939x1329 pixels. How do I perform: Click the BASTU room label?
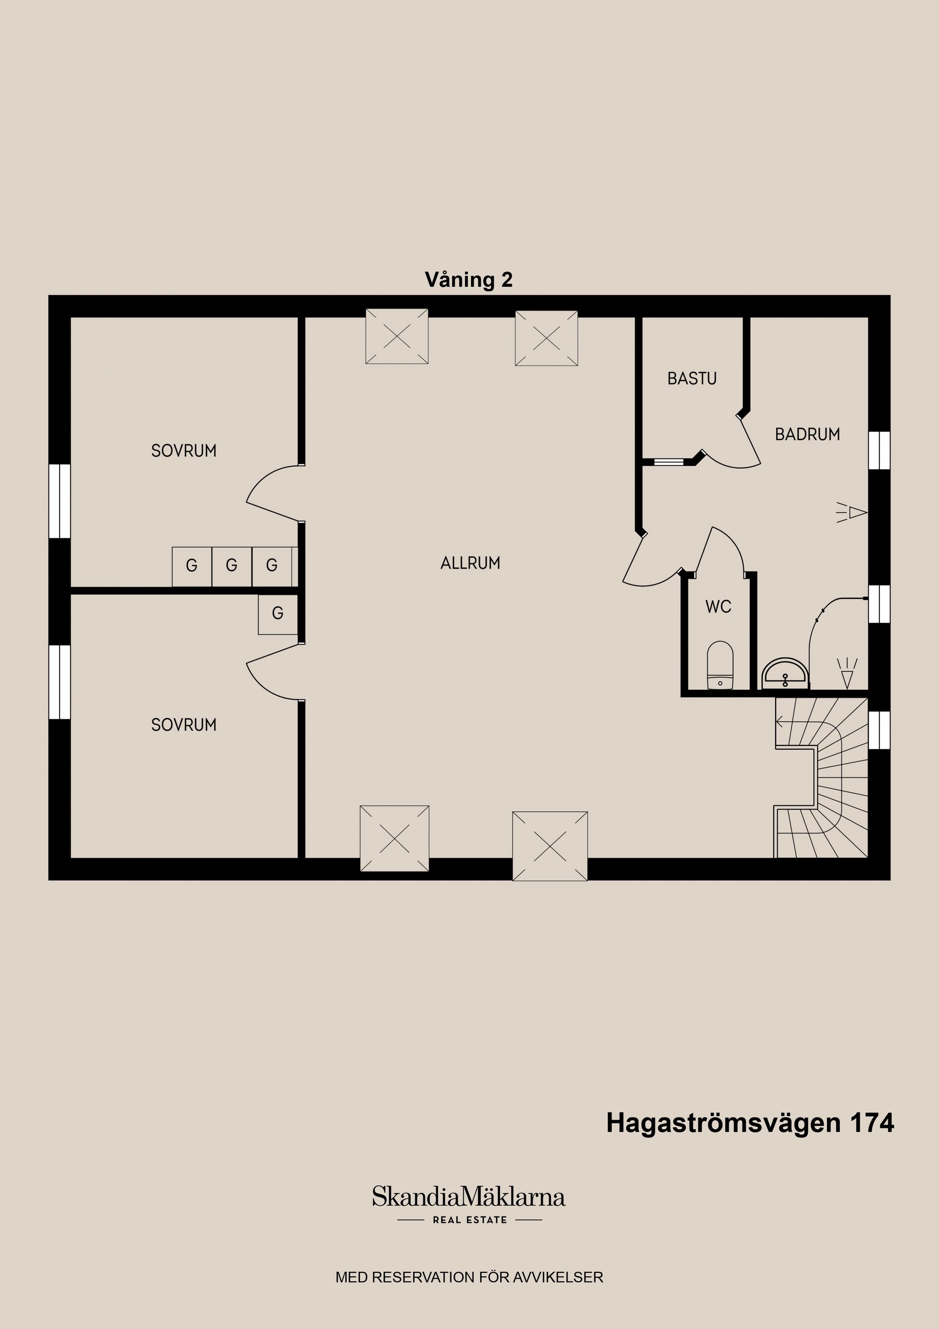coord(692,379)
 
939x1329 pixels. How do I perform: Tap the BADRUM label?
coord(807,434)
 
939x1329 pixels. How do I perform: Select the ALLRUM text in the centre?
coord(470,563)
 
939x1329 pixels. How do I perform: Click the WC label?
coord(718,607)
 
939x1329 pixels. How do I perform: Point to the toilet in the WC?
coord(720,665)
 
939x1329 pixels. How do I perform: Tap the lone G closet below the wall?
coord(278,614)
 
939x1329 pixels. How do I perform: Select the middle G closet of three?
coord(231,566)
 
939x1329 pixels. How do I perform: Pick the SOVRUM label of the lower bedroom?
coord(184,725)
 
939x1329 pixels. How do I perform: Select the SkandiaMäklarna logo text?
coord(469,1197)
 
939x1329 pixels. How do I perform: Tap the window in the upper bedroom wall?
coord(60,501)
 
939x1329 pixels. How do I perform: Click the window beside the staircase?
coord(879,730)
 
